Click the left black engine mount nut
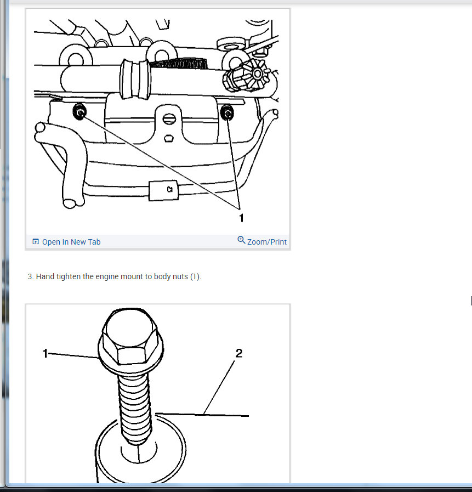pyautogui.click(x=79, y=113)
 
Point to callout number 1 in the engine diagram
pyautogui.click(x=241, y=218)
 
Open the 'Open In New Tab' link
pyautogui.click(x=71, y=242)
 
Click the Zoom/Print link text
pyautogui.click(x=266, y=242)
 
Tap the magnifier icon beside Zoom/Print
pyautogui.click(x=241, y=241)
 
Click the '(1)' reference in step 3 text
pyautogui.click(x=195, y=276)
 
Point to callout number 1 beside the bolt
pyautogui.click(x=46, y=354)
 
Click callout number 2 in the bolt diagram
pyautogui.click(x=238, y=353)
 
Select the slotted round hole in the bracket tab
pyautogui.click(x=170, y=117)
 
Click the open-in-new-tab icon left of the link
pyautogui.click(x=36, y=242)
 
